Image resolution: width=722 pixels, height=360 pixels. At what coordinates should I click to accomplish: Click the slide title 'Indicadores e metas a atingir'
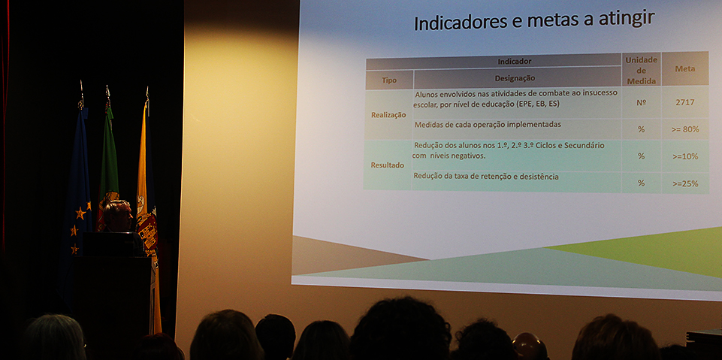[x=534, y=21]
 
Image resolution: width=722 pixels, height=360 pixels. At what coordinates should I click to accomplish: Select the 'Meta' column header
[x=684, y=68]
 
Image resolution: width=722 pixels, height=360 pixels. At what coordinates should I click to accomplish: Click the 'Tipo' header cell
[x=389, y=80]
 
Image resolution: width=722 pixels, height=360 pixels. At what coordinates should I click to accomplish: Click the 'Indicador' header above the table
[x=515, y=61]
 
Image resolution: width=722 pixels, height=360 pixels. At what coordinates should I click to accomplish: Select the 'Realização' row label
[x=388, y=115]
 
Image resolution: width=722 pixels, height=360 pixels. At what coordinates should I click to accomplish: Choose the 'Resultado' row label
[x=388, y=165]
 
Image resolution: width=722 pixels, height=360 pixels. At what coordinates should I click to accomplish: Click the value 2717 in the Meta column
[x=684, y=102]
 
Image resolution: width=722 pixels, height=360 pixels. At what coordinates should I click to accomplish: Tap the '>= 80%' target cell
[x=685, y=129]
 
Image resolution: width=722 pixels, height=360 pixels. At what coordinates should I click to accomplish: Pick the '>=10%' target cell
[x=685, y=156]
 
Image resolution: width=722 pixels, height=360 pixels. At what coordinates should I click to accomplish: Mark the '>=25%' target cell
[x=685, y=183]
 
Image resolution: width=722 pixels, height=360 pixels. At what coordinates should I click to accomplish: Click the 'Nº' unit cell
[x=641, y=102]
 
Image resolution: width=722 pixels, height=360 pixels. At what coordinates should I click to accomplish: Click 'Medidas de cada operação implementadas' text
[x=488, y=124]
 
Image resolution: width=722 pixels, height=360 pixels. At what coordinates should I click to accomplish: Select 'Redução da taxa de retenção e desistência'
[x=486, y=175]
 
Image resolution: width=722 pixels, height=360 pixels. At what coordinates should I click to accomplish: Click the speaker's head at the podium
[x=118, y=216]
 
